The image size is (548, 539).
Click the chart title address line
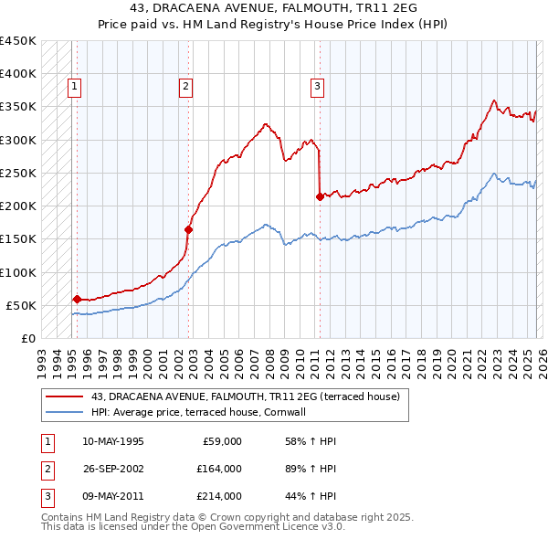(273, 8)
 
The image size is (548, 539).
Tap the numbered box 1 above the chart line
(75, 87)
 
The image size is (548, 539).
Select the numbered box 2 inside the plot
(185, 87)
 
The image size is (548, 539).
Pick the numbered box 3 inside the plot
(317, 87)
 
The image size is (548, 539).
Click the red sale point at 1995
(77, 299)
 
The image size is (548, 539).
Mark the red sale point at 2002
(189, 229)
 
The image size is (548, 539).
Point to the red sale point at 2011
(320, 196)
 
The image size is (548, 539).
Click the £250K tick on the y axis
(18, 173)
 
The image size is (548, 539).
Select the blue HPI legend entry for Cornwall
(210, 412)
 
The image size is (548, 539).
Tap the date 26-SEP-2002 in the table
(113, 469)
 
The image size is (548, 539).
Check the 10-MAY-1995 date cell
(113, 441)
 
